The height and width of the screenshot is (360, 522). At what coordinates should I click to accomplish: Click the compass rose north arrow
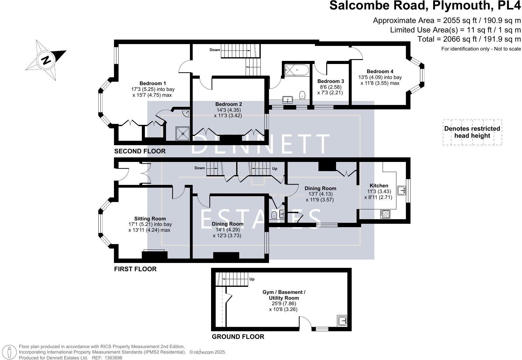(46, 59)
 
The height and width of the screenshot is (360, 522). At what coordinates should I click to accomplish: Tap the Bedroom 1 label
(153, 83)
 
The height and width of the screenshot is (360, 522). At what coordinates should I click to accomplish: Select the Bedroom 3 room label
(331, 81)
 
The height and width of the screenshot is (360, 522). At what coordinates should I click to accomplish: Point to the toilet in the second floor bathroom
(302, 95)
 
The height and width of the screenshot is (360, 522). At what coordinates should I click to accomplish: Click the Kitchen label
(379, 186)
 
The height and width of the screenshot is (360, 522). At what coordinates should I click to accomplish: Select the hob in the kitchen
(385, 214)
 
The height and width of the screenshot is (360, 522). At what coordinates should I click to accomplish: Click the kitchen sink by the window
(401, 190)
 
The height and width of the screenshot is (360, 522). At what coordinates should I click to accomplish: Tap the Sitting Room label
(150, 219)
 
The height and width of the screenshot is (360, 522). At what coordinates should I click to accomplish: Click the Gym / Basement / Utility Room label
(284, 295)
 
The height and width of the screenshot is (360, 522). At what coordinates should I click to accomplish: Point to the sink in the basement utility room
(342, 321)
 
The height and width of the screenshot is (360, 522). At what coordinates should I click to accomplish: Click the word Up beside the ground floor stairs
(252, 279)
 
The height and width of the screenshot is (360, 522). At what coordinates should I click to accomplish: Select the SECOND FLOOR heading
(140, 151)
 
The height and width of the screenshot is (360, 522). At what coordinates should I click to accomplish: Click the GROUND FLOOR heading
(238, 337)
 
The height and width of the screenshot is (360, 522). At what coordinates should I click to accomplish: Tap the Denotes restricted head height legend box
(472, 132)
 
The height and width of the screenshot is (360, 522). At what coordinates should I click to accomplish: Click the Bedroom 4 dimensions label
(380, 80)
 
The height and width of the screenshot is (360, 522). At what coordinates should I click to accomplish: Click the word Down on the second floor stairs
(215, 50)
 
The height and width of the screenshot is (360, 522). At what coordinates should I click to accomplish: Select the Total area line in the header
(469, 39)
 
